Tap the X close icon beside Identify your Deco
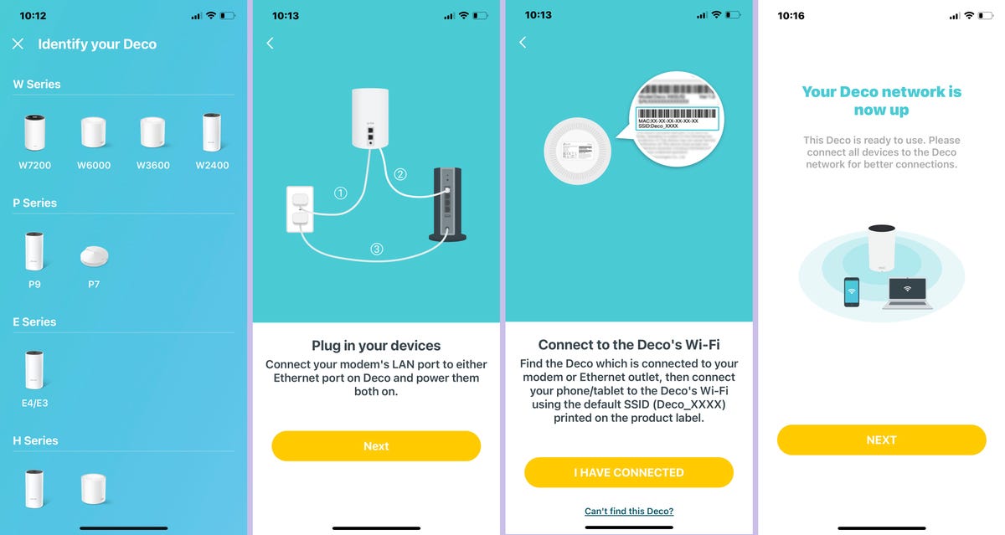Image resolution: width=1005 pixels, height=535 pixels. click(x=18, y=44)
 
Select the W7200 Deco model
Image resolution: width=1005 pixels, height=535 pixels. click(x=34, y=134)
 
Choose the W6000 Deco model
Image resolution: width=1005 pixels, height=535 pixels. click(x=94, y=134)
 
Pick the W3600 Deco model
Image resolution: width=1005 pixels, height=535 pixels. click(x=152, y=134)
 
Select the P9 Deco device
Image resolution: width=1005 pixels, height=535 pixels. click(x=34, y=251)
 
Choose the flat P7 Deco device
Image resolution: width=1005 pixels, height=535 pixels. click(x=94, y=256)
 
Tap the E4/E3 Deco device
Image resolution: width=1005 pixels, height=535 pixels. click(x=34, y=370)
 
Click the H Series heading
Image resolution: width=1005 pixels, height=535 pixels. click(x=35, y=440)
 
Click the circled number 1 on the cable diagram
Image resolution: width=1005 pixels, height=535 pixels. click(x=340, y=193)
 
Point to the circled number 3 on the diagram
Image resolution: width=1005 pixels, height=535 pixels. click(x=377, y=249)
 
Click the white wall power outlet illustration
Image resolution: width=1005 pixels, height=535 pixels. click(x=300, y=209)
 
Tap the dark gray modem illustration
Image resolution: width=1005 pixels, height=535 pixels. click(x=446, y=205)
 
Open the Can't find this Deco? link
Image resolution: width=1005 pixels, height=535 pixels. click(x=629, y=511)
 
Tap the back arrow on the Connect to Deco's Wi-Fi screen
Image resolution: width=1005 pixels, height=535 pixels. click(x=523, y=42)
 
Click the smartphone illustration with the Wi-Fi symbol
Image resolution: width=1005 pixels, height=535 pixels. click(x=852, y=292)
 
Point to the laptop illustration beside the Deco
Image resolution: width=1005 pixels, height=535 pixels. click(x=907, y=293)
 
